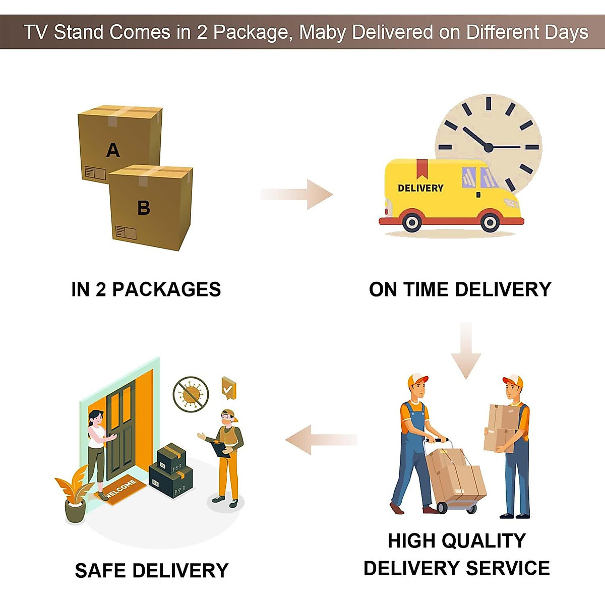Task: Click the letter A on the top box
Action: pos(113,150)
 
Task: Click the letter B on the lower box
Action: pos(144,207)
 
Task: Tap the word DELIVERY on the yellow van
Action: pos(420,188)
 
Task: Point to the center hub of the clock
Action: pos(488,147)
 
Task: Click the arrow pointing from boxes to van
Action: pos(297,194)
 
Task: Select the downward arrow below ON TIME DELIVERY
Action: pos(466,350)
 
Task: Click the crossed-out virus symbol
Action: pos(191,394)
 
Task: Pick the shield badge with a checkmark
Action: pos(228,388)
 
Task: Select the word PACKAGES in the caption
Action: pos(166,289)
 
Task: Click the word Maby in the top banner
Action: pos(323,32)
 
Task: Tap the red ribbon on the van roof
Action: pos(422,168)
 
